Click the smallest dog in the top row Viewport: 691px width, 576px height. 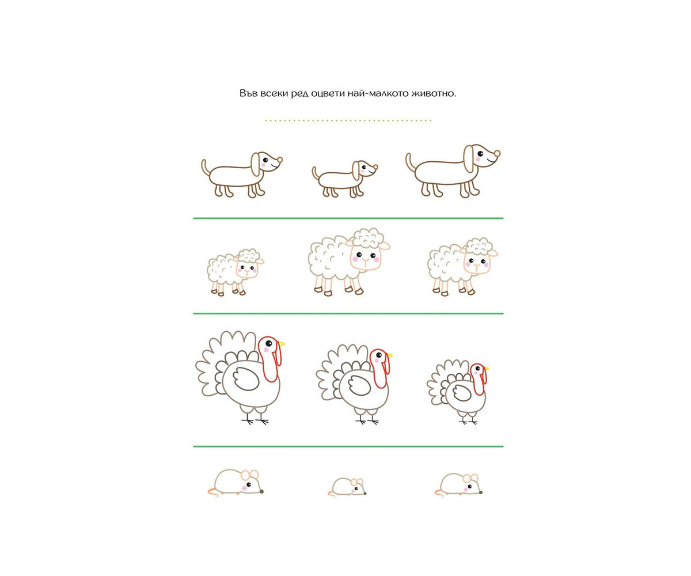click(x=344, y=179)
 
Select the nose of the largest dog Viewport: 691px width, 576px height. click(x=497, y=154)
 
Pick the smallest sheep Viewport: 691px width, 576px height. click(x=236, y=272)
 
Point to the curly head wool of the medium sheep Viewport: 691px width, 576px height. click(x=477, y=247)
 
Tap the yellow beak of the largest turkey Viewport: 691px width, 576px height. click(x=281, y=344)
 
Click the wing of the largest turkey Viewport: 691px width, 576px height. click(x=245, y=378)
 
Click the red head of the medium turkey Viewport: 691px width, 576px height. click(x=380, y=367)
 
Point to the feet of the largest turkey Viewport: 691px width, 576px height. click(x=255, y=421)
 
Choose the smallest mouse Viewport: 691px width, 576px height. click(x=347, y=487)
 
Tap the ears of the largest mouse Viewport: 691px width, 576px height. click(x=249, y=475)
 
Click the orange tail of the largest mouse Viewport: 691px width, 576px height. click(x=212, y=493)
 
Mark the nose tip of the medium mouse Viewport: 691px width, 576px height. click(x=481, y=492)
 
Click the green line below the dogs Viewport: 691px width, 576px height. click(x=348, y=218)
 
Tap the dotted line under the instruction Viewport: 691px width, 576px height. click(x=348, y=120)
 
